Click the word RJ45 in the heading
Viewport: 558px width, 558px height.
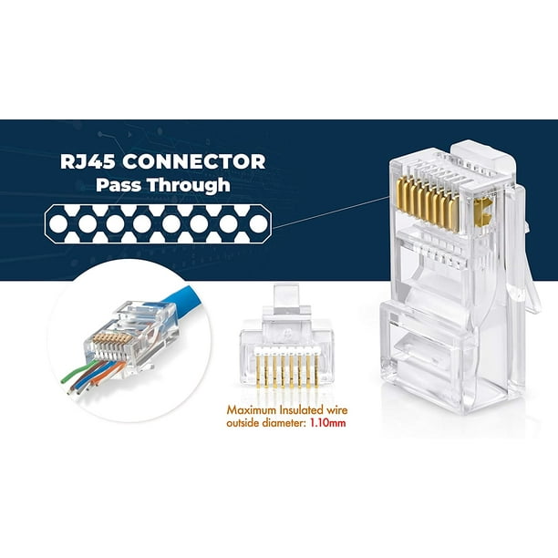tap(88, 162)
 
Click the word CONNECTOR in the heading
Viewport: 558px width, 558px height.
tap(194, 162)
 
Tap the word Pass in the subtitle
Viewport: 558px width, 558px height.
tap(119, 185)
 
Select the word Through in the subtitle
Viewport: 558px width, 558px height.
tap(189, 186)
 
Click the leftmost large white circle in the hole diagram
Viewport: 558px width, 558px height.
tap(58, 224)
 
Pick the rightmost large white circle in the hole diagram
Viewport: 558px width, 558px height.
tap(258, 224)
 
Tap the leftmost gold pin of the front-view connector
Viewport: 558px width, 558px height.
tap(258, 371)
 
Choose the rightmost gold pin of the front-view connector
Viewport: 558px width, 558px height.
tap(316, 371)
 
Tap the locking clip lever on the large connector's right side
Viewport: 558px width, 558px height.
tap(524, 249)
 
